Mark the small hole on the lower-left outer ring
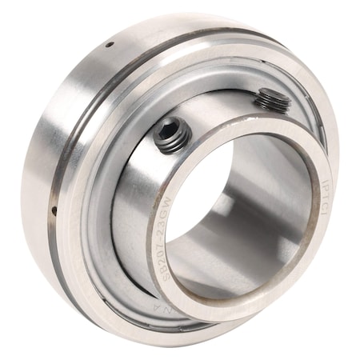tap(53, 212)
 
